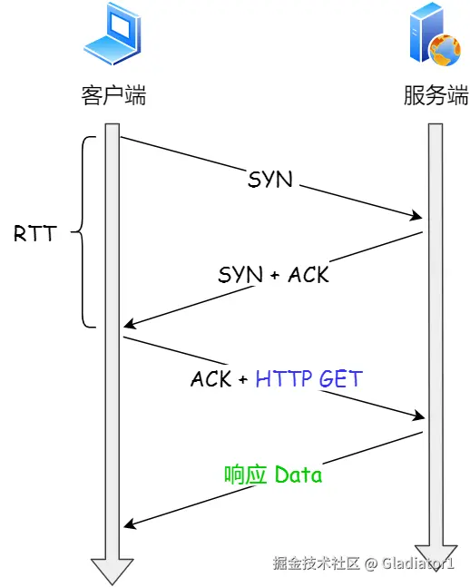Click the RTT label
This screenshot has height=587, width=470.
[x=34, y=233]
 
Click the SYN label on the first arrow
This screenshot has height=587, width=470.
[x=270, y=179]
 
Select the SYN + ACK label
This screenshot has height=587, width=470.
[x=273, y=274]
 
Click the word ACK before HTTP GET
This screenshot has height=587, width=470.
[x=211, y=378]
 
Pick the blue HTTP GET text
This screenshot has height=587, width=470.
[x=308, y=378]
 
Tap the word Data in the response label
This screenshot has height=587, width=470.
[x=299, y=474]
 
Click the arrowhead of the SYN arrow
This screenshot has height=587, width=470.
[x=417, y=217]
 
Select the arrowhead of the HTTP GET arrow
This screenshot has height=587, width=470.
[x=417, y=416]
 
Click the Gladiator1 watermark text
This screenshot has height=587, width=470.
[x=417, y=563]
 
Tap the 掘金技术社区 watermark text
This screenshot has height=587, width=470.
[x=317, y=563]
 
